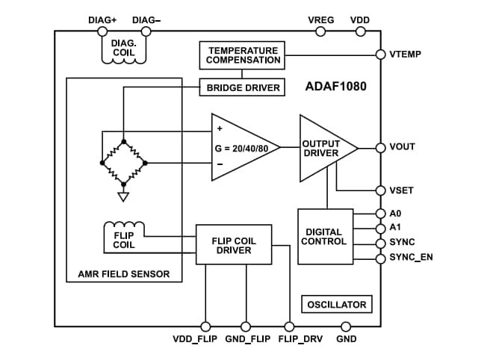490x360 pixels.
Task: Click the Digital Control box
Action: (324, 236)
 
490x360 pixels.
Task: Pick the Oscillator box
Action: (337, 304)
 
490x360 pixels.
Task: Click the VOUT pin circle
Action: (379, 147)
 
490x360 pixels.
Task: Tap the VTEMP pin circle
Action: (379, 55)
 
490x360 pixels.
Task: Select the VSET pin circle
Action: (379, 190)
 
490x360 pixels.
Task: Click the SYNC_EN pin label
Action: (411, 258)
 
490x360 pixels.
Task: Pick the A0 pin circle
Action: (379, 214)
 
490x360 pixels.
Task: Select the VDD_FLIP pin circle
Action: (205, 326)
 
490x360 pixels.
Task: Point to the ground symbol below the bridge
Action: (124, 197)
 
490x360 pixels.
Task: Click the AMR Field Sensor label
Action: (124, 274)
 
